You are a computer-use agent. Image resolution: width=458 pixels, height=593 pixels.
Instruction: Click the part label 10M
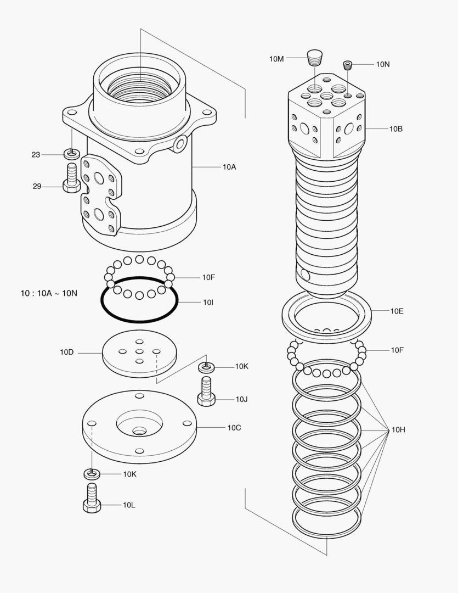pyautogui.click(x=276, y=59)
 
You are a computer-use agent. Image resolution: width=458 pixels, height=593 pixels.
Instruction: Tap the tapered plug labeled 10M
pyautogui.click(x=314, y=57)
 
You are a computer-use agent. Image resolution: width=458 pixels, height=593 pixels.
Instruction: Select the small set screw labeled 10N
pyautogui.click(x=348, y=65)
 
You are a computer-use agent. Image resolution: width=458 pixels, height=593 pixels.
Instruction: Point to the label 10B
pyautogui.click(x=396, y=129)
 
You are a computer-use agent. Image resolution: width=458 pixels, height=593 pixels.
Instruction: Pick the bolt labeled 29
pyautogui.click(x=71, y=178)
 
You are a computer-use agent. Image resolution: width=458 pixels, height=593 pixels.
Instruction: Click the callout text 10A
pyautogui.click(x=229, y=167)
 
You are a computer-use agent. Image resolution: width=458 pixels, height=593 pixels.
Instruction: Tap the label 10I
pyautogui.click(x=208, y=302)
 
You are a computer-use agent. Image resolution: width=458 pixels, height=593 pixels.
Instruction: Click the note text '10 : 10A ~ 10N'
pyautogui.click(x=49, y=293)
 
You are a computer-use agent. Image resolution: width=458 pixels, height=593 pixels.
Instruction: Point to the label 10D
pyautogui.click(x=67, y=352)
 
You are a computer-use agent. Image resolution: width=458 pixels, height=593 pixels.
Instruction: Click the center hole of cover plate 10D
pyautogui.click(x=139, y=352)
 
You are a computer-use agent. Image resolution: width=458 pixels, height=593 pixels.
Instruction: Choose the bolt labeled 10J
pyautogui.click(x=206, y=391)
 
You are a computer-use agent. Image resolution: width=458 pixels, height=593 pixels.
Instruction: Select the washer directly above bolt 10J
pyautogui.click(x=206, y=366)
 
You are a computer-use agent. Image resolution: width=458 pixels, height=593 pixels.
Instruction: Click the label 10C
pyautogui.click(x=234, y=427)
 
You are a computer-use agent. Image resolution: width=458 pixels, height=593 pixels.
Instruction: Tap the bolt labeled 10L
pyautogui.click(x=92, y=499)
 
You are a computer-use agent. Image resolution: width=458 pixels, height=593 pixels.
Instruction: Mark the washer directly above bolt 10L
pyautogui.click(x=92, y=473)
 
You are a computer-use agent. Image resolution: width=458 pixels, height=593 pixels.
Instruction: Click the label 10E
pyautogui.click(x=397, y=311)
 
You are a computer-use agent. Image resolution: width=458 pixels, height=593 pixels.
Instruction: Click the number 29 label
pyautogui.click(x=37, y=187)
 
